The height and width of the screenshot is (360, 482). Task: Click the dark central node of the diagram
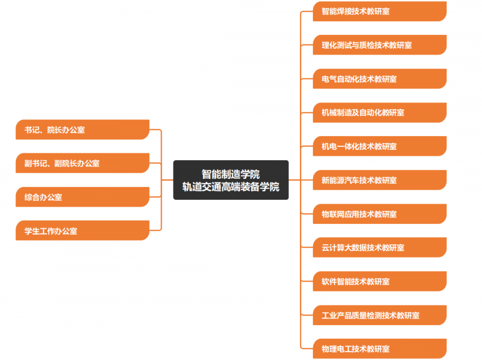pos(231,180)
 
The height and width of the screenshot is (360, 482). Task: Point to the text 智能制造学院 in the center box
pos(231,174)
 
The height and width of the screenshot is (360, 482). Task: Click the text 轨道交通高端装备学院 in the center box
pos(231,187)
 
